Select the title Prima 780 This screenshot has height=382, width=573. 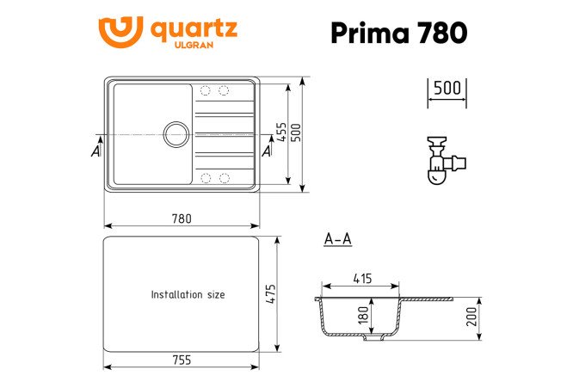[399, 32]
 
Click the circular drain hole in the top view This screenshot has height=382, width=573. [176, 134]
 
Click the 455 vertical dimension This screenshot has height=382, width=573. [281, 133]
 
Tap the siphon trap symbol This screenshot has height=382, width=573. [445, 160]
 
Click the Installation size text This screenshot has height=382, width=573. [188, 294]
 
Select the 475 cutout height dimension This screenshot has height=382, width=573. [270, 294]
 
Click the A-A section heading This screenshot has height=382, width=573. [337, 240]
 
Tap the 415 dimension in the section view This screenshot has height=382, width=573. [361, 278]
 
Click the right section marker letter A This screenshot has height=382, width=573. [266, 151]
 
